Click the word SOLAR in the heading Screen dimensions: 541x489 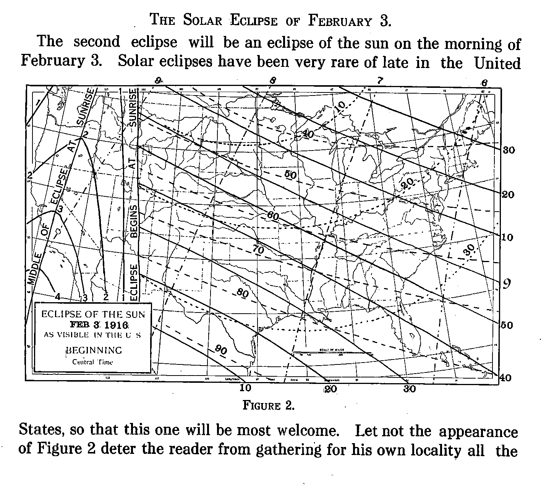pos(202,20)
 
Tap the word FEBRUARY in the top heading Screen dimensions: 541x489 pos(340,21)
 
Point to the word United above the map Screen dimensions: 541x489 pos(497,63)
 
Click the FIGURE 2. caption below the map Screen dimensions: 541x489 pos(268,405)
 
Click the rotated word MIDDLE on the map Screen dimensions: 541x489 pos(34,268)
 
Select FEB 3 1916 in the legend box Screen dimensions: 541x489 pos(99,325)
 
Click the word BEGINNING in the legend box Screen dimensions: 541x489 pos(94,350)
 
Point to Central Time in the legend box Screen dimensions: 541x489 pos(92,362)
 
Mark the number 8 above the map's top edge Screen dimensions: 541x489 pos(272,81)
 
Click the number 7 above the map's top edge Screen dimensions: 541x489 pos(380,81)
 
